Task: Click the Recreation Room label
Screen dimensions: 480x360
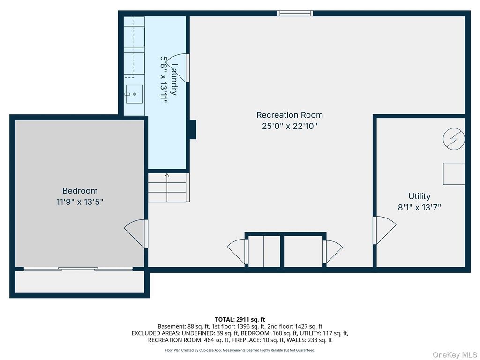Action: tap(290, 115)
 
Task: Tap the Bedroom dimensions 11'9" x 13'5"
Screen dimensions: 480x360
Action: tap(80, 202)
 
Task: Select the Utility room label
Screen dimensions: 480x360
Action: tap(420, 196)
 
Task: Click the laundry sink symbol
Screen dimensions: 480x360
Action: tap(135, 94)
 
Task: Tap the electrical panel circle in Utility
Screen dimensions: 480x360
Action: tap(454, 139)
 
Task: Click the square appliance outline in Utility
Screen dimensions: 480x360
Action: tap(454, 173)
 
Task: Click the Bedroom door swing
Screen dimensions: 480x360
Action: tap(136, 233)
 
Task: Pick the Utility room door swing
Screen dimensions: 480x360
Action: tap(384, 230)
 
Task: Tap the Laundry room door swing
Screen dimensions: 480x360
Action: tap(178, 68)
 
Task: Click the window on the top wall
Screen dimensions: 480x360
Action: tap(295, 13)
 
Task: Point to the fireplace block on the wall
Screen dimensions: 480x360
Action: tap(193, 129)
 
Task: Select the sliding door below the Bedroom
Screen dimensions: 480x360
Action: tap(78, 269)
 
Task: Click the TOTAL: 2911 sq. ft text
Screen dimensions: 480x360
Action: tap(240, 320)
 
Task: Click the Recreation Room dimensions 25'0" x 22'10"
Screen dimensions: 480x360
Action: tap(290, 126)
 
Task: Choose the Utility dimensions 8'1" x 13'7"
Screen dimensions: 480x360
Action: tap(420, 208)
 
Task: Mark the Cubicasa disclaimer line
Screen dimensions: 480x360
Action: tap(240, 350)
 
